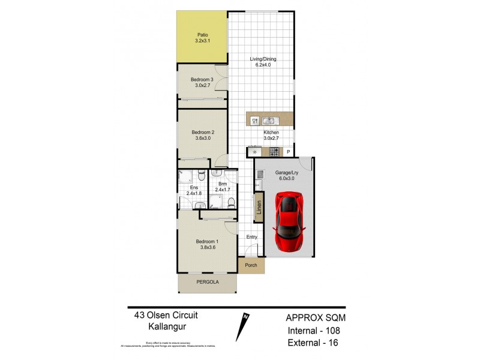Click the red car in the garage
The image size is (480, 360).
click(290, 222)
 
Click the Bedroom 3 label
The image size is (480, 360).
click(202, 80)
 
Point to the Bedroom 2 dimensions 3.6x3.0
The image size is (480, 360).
click(202, 138)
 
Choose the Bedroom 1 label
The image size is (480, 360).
click(207, 242)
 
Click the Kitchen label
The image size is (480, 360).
click(271, 132)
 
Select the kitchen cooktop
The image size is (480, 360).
click(274, 152)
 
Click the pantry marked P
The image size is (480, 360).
click(288, 152)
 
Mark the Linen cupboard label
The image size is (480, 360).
click(259, 208)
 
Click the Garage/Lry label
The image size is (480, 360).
click(286, 172)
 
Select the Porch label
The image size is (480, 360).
click(251, 265)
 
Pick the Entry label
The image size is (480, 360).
click(251, 238)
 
